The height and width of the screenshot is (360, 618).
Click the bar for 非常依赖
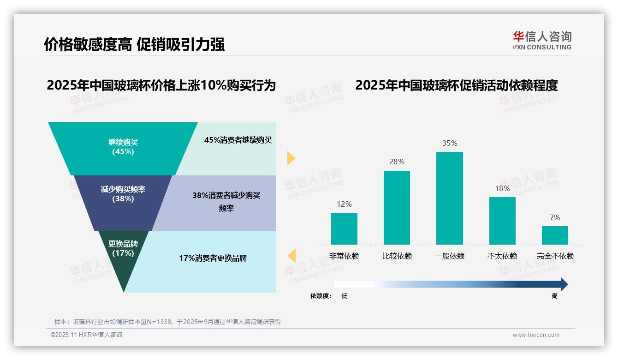coord(344,228)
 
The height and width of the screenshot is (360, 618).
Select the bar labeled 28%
coord(397,207)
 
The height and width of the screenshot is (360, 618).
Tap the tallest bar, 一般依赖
coord(449,198)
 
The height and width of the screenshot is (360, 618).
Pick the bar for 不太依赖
coord(502,221)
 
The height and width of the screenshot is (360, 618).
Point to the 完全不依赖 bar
coord(555,235)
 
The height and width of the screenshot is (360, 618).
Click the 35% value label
coord(450,144)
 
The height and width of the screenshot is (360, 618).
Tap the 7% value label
coord(555,217)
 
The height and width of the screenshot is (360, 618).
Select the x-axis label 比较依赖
coord(397,256)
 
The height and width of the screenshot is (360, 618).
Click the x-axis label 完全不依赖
coord(555,256)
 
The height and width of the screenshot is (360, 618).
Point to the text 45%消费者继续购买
coord(238,140)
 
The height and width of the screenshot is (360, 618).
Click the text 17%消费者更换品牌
coord(213,258)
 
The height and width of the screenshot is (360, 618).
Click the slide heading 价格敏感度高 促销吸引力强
coord(134,45)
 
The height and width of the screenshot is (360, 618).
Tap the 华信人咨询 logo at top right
coord(542,40)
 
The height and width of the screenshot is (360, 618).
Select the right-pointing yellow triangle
coord(291,158)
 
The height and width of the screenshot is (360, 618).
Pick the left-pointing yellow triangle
coord(291,255)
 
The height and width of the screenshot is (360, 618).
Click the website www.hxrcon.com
coord(536,335)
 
